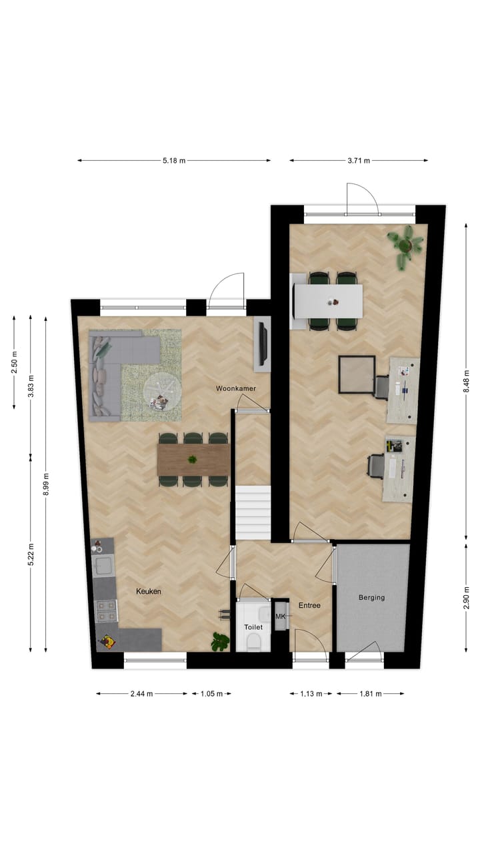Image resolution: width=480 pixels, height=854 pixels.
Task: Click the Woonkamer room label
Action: [x=236, y=388]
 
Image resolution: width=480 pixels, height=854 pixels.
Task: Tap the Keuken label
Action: [x=149, y=591]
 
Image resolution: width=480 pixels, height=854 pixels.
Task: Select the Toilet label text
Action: [x=253, y=627]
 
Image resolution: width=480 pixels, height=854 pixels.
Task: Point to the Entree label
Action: [x=309, y=606]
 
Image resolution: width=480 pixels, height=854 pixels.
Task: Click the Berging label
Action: [x=371, y=598]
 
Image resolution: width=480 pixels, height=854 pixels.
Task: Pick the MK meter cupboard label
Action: [x=281, y=616]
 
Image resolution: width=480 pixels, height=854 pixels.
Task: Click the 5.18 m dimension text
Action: [x=173, y=161]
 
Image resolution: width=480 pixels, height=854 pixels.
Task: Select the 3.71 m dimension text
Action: [x=358, y=161]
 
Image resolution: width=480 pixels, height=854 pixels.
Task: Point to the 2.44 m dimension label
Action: [x=141, y=694]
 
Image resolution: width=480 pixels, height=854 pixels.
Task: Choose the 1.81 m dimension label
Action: [x=370, y=694]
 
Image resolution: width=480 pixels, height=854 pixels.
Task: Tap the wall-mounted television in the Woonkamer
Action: [x=263, y=343]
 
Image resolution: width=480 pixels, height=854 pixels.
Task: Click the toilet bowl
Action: [x=253, y=642]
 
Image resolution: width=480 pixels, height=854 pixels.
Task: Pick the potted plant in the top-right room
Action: [x=405, y=244]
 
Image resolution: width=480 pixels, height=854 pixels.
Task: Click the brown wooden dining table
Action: [x=193, y=460]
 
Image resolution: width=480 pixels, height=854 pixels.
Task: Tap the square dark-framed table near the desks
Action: [x=357, y=375]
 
